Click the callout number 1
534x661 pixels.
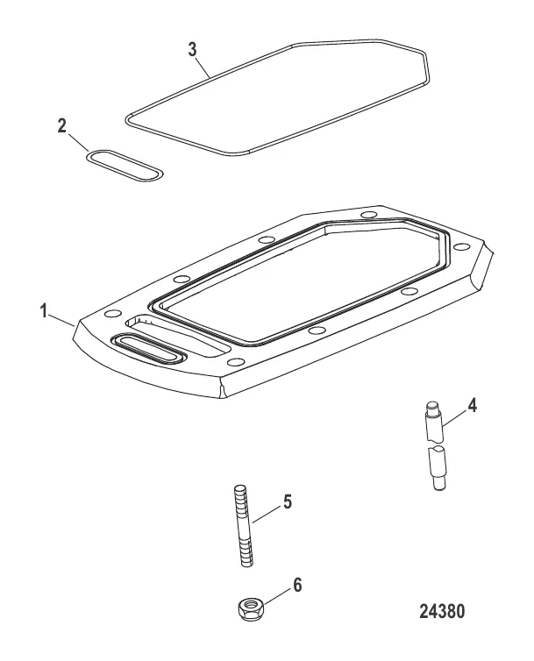pos(44,312)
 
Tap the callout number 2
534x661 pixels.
pos(62,125)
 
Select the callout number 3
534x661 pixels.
pos(192,49)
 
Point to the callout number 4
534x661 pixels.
pos(472,406)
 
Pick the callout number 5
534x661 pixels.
pos(288,501)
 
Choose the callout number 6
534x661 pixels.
pos(298,585)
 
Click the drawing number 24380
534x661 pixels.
pos(442,611)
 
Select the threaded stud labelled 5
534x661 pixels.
pos(243,526)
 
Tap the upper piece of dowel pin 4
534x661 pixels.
pos(433,422)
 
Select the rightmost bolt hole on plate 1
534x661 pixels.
pos(462,246)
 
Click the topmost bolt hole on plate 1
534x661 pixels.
pos(369,215)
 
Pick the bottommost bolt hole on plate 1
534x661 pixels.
pos(236,362)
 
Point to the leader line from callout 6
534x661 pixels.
pos(274,597)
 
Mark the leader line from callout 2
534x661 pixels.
pos(78,143)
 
